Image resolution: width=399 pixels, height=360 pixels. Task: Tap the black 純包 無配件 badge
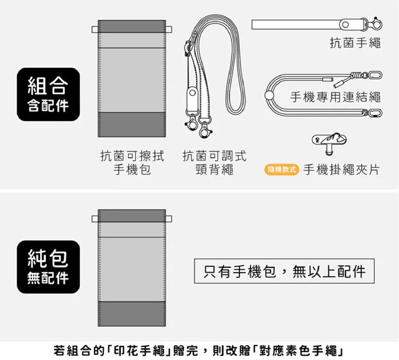[x=48, y=267]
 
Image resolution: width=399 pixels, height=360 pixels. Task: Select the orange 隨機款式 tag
[x=282, y=169]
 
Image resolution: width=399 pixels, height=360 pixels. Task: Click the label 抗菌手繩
[x=355, y=43]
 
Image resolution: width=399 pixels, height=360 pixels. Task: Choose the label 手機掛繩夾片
[x=341, y=169]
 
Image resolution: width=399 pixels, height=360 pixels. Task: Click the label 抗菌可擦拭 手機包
[x=132, y=162]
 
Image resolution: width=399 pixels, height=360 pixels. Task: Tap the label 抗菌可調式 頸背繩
[x=214, y=162]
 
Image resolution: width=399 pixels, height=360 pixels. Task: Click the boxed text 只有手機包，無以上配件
[x=284, y=272]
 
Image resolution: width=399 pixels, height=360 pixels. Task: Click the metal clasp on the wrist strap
[x=374, y=23]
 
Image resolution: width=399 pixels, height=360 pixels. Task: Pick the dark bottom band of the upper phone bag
[x=132, y=124]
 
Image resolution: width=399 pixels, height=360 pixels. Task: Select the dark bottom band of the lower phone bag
[x=132, y=314]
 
